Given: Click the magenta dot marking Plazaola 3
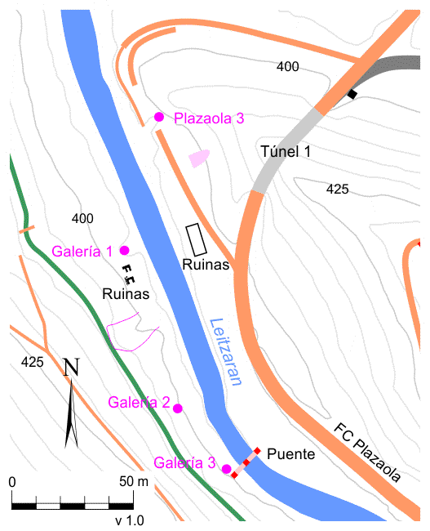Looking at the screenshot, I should click(159, 118).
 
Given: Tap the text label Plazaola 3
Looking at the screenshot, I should click(209, 118).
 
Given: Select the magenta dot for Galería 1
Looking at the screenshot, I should click(124, 250).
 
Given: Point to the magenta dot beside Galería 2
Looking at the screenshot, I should click(178, 408).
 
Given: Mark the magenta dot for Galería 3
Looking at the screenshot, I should click(226, 469).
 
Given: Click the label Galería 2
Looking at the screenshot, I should click(139, 402).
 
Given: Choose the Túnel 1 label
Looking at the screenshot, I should click(286, 151).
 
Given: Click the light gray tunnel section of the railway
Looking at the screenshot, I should click(285, 154).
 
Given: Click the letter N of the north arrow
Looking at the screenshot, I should click(72, 367).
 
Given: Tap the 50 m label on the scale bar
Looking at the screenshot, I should click(133, 482).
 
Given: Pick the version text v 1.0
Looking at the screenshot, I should click(129, 520).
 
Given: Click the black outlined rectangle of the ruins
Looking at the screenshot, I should click(196, 239).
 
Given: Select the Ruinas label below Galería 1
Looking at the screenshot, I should click(126, 293).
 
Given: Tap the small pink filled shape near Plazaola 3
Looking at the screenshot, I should click(199, 158).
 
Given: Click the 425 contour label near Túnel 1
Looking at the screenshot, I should click(337, 189).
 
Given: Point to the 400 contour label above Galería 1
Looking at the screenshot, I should click(82, 218).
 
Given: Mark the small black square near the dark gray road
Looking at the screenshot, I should click(352, 96).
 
